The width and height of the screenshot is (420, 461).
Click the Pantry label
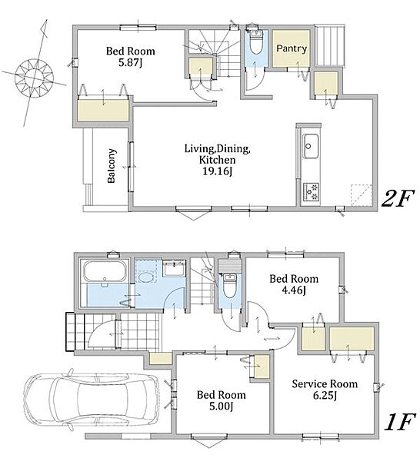pyautogui.click(x=292, y=48)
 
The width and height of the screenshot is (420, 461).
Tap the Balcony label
pyautogui.click(x=112, y=166)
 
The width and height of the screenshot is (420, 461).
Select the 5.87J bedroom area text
pyautogui.click(x=131, y=63)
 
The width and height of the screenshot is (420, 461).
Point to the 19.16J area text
pyautogui.click(x=218, y=171)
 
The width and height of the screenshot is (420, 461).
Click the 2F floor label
pyautogui.click(x=398, y=199)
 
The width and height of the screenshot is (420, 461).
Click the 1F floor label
pyautogui.click(x=400, y=422)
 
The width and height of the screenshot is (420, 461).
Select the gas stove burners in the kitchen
pyautogui.click(x=312, y=192)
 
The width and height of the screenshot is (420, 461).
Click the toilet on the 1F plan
pyautogui.click(x=229, y=285)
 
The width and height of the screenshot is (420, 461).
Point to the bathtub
pyautogui.click(x=105, y=271)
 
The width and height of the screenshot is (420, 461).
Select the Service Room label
pyautogui.click(x=325, y=383)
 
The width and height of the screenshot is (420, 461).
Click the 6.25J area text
pyautogui.click(x=325, y=396)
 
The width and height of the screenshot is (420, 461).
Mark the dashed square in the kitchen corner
pyautogui.click(x=361, y=195)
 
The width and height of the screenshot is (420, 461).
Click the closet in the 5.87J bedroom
pyautogui.click(x=103, y=110)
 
